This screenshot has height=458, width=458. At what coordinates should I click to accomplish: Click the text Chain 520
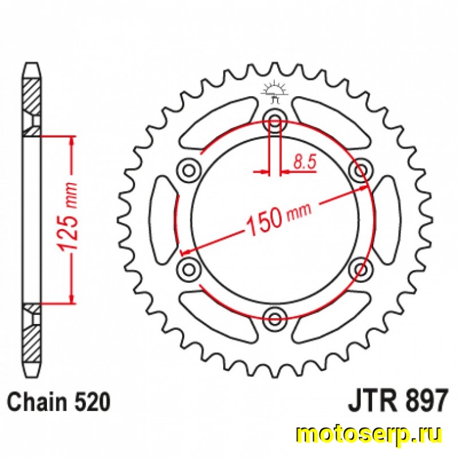coord(59,402)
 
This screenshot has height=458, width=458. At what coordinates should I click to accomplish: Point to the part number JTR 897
coord(397,399)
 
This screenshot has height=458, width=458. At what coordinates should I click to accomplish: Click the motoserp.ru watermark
coord(369,437)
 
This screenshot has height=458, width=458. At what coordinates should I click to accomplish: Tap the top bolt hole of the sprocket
coord(275,120)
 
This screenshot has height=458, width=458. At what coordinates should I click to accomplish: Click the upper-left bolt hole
coord(189,170)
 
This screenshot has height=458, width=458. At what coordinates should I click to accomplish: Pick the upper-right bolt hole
coord(361,170)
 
